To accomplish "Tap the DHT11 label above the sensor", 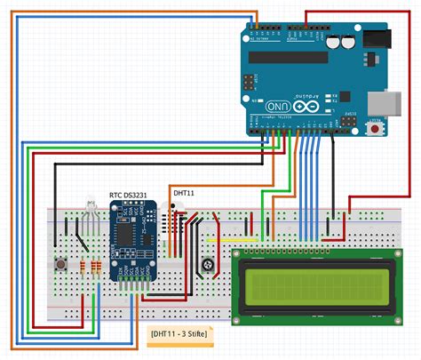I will tap(185, 193).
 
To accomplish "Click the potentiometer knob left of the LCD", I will tap(207, 264).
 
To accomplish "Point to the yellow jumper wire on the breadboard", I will tap(232, 239).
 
